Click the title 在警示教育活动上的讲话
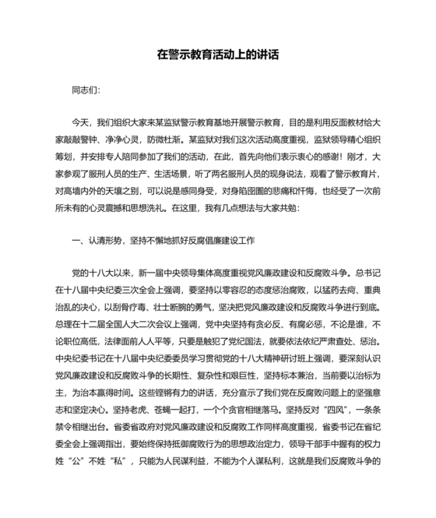[x=217, y=55]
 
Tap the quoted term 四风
[x=336, y=428]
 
